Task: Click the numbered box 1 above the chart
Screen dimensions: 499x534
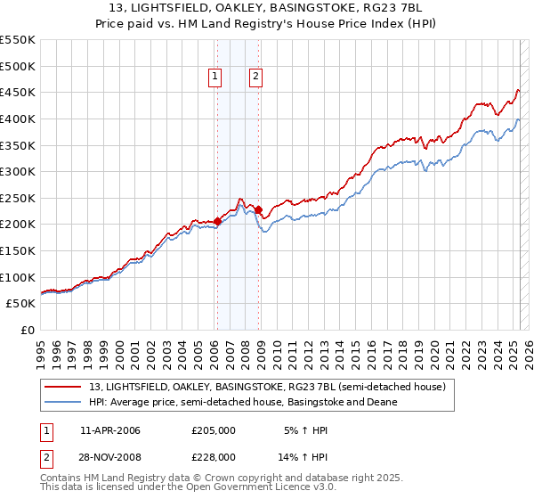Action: (215, 78)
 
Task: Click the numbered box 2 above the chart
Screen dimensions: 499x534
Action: (255, 78)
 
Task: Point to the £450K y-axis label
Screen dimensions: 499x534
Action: (18, 92)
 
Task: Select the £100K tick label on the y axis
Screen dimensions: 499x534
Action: (18, 277)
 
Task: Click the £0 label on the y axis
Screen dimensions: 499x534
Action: (28, 330)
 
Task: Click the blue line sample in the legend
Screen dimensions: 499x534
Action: (63, 402)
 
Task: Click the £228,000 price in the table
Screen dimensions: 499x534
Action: (214, 456)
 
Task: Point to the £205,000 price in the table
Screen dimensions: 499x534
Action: (214, 430)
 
